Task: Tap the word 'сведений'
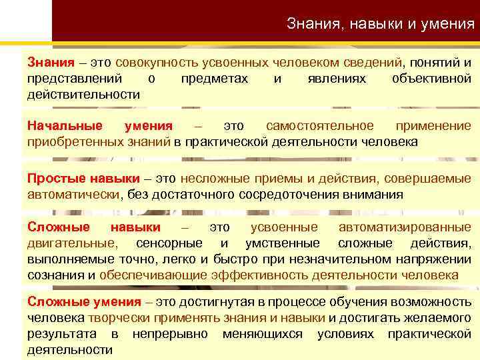(370, 63)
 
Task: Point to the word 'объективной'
(431, 79)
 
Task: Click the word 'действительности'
(83, 94)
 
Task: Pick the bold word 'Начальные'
(65, 126)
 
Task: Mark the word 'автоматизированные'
(405, 227)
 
